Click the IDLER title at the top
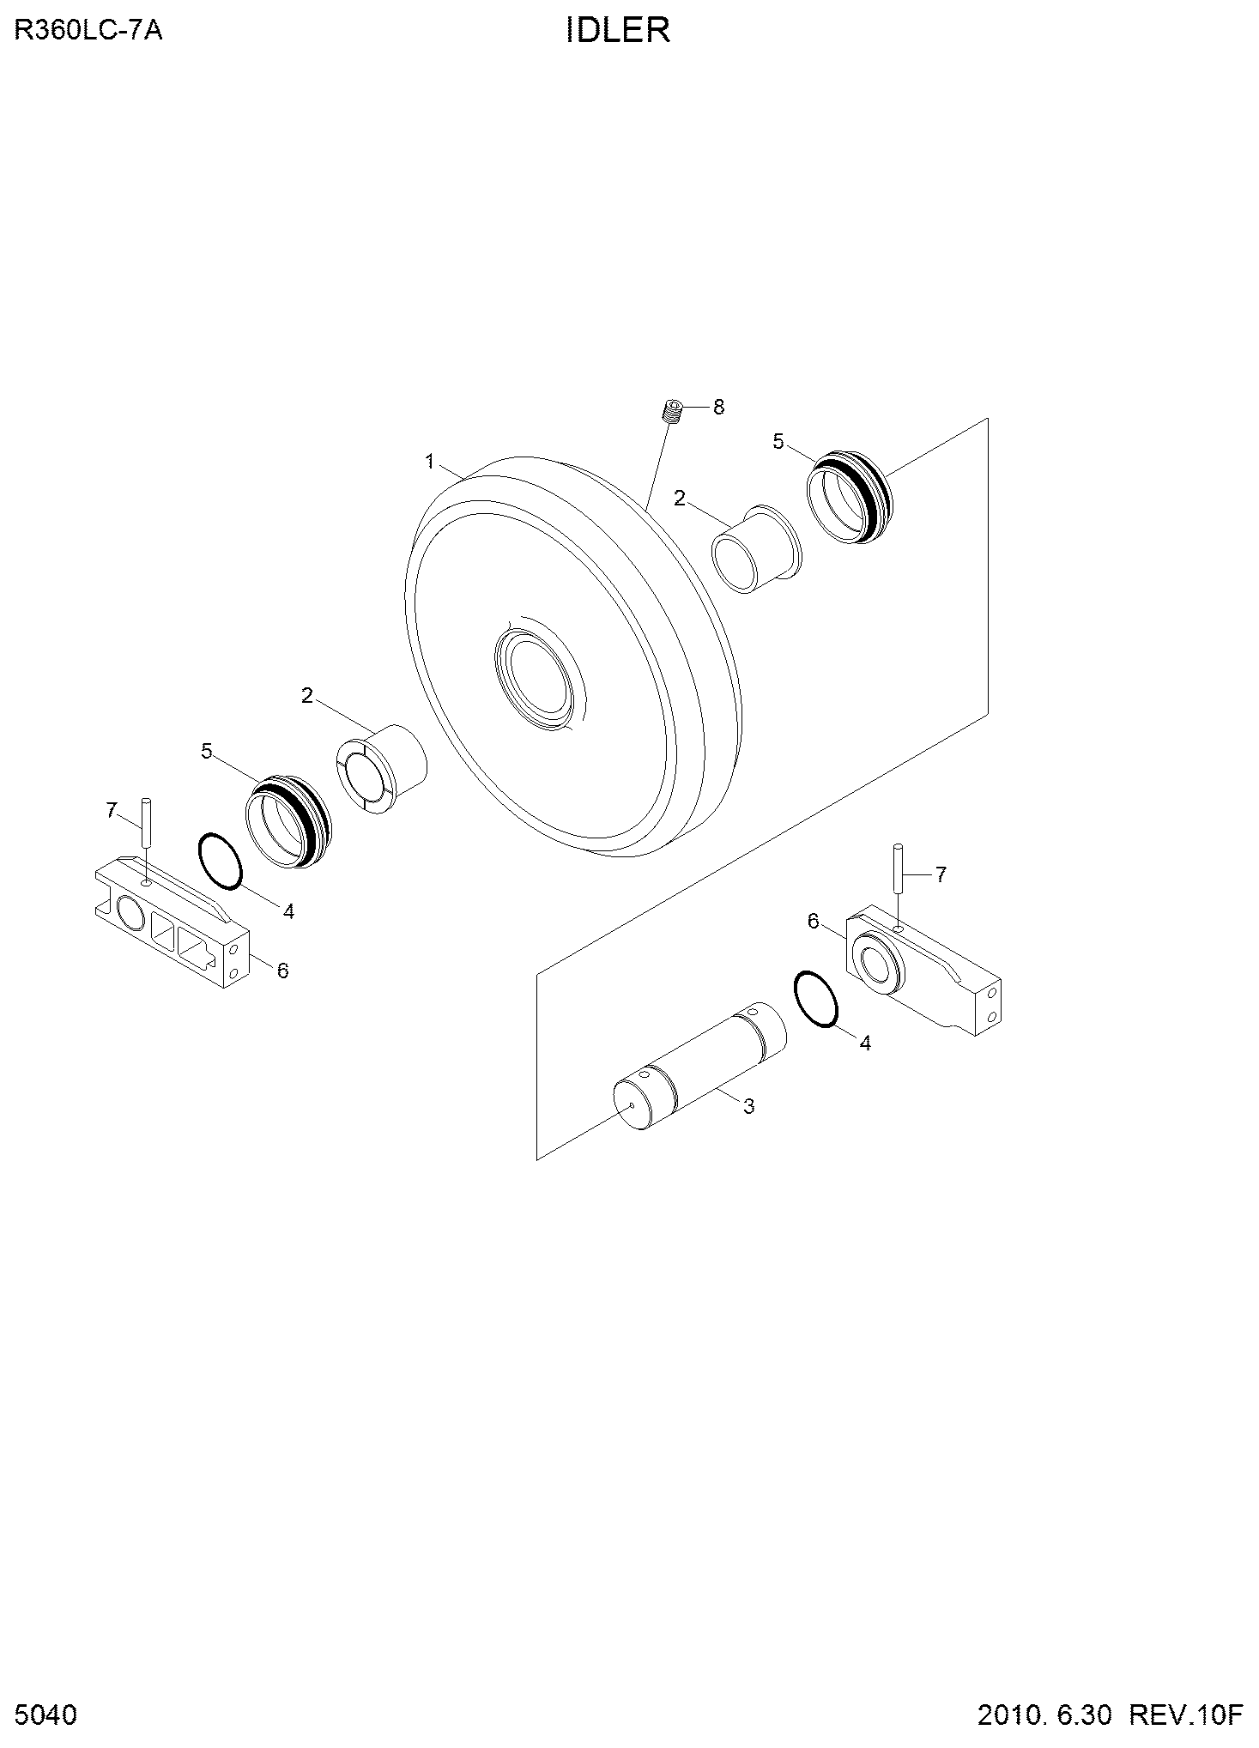[x=618, y=31]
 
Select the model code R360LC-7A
[x=88, y=31]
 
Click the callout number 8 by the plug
[x=718, y=407]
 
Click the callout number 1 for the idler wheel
[x=430, y=463]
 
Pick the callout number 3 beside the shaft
[x=748, y=1107]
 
